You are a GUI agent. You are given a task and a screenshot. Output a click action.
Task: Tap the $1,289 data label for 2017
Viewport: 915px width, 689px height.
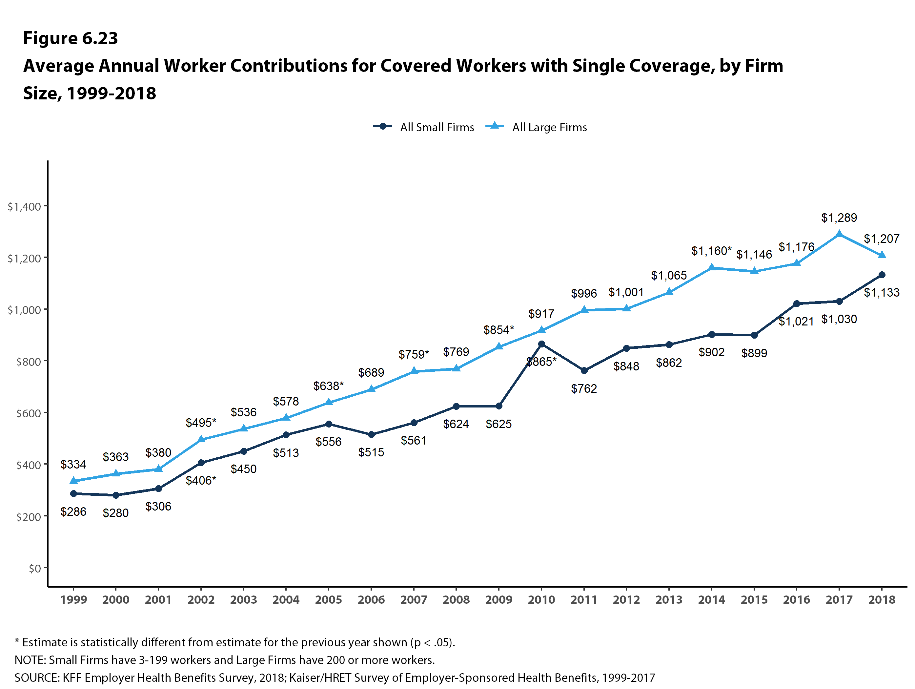click(x=839, y=218)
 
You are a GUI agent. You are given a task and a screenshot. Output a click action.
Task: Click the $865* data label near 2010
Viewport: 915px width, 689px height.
click(x=541, y=362)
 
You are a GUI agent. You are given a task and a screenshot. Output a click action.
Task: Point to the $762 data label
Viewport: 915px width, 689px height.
click(x=584, y=388)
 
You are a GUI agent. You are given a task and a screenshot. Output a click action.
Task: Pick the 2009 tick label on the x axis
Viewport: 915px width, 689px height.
click(x=498, y=600)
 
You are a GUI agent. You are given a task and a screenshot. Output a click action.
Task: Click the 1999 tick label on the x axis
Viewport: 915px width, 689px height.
click(x=74, y=600)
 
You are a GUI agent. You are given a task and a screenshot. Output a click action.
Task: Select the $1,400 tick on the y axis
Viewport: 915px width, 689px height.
click(x=24, y=206)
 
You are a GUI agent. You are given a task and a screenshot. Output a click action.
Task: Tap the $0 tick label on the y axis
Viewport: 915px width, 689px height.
click(x=35, y=569)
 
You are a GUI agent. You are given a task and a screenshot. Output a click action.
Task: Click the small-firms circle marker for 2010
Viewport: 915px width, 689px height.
click(x=541, y=344)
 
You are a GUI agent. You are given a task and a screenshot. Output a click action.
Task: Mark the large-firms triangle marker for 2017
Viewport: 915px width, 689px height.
click(x=839, y=234)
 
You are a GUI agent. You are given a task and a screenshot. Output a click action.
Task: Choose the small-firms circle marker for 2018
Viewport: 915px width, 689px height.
click(x=882, y=275)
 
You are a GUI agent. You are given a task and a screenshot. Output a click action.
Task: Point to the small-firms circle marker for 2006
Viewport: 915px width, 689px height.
click(x=371, y=434)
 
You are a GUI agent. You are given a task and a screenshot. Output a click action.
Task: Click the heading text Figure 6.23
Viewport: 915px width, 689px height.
click(x=70, y=38)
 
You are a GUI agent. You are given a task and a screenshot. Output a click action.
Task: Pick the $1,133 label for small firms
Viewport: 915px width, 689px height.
click(x=882, y=293)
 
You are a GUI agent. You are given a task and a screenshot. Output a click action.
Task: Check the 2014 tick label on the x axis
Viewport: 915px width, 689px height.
click(x=711, y=600)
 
